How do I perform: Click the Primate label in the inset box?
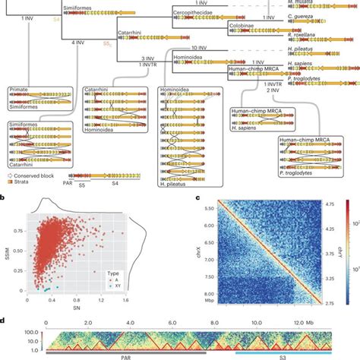coord(19,90)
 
